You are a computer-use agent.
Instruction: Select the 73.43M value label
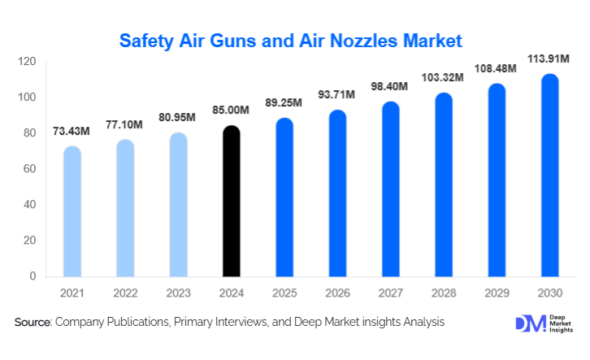[72, 131]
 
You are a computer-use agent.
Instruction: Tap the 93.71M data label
[337, 95]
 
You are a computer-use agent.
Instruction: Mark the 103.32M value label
[443, 77]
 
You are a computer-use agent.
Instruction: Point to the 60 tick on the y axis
[29, 169]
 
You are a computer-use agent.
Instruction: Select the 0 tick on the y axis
[33, 276]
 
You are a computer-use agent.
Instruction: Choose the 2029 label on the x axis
[496, 292]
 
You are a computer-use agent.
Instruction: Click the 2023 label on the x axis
[178, 292]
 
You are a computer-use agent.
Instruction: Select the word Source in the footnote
[33, 323]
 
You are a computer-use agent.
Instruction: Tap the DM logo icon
[526, 323]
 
